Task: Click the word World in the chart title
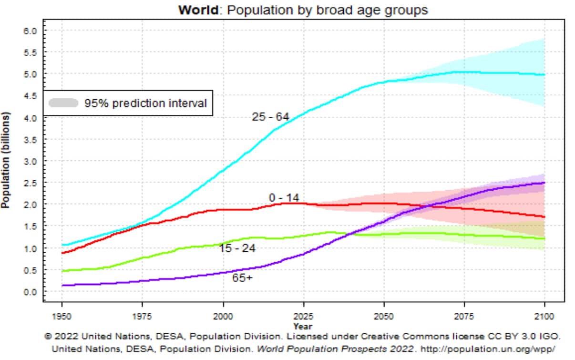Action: [x=198, y=10]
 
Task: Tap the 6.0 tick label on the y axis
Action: [x=31, y=31]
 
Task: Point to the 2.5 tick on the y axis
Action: [x=31, y=183]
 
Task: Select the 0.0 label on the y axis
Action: [x=31, y=292]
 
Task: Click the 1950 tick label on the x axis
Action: [x=62, y=316]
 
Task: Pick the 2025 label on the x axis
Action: [x=304, y=316]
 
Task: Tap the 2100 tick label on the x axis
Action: [x=544, y=316]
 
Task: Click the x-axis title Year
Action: [x=303, y=327]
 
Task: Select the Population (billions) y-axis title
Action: [x=5, y=160]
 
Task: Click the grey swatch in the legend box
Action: [x=63, y=103]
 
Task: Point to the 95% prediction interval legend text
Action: [x=145, y=103]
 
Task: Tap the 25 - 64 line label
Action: [x=270, y=117]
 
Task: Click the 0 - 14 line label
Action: [x=284, y=198]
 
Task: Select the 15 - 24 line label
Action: [x=237, y=248]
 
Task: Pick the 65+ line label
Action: [x=242, y=278]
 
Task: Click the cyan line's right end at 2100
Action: [x=544, y=75]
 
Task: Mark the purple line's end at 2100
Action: [x=544, y=183]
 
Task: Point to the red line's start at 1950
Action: [x=62, y=253]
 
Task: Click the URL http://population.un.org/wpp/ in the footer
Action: [x=488, y=349]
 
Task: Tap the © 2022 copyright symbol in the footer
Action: [x=48, y=336]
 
